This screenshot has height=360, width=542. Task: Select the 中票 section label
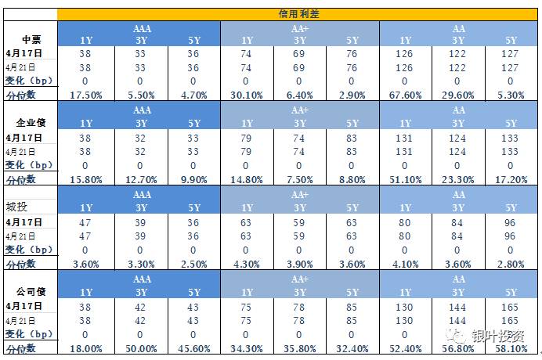click(x=31, y=40)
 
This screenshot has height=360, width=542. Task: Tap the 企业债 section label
click(x=31, y=123)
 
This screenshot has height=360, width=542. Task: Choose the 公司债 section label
click(x=31, y=290)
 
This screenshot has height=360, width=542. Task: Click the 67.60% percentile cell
click(x=405, y=95)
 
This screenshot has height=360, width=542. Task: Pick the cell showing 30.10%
click(x=246, y=95)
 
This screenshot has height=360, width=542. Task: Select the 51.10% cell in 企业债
click(x=405, y=178)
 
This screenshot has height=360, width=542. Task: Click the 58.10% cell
click(x=510, y=347)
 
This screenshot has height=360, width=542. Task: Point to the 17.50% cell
click(x=87, y=95)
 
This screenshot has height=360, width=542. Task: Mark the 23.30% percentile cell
click(x=457, y=178)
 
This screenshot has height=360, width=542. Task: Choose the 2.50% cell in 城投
click(x=193, y=264)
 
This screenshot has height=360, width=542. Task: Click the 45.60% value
click(x=193, y=347)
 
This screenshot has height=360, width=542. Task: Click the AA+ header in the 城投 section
click(x=299, y=194)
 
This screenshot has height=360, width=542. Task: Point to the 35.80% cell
click(x=299, y=347)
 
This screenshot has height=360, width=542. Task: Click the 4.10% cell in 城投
click(x=405, y=264)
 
